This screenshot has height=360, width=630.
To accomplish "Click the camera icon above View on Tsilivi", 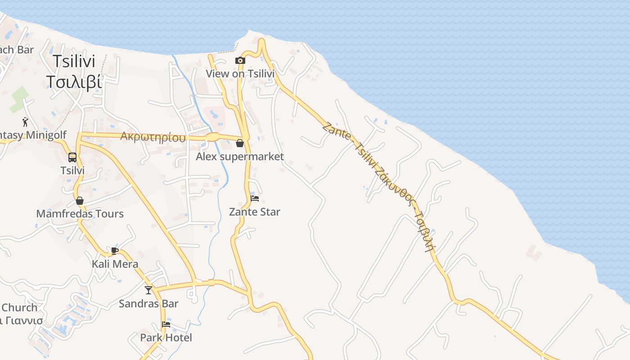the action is tap(240, 61).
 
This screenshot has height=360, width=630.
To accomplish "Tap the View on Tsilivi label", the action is tap(240, 73).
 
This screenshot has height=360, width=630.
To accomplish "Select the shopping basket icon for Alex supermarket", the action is tap(240, 144).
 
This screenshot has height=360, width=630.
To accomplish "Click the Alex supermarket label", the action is tap(240, 157).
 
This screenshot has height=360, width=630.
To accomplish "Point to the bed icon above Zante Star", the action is tap(255, 198).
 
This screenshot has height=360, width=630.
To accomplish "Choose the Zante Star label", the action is tap(255, 211).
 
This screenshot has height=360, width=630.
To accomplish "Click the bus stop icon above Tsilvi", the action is tap(72, 157).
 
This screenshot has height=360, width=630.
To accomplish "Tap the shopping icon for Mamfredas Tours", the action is tap(80, 201).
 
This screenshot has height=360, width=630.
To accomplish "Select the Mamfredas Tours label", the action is tap(80, 214).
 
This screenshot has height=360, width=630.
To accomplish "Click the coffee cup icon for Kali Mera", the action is tap(115, 251).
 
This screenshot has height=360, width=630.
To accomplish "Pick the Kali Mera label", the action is tap(115, 264).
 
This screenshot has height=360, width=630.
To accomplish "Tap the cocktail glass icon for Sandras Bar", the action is tap(148, 290).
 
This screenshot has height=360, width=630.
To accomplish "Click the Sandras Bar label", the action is tap(148, 304).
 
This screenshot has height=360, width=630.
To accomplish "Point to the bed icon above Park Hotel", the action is tap(166, 324).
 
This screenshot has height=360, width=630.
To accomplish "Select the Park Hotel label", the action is tap(166, 337).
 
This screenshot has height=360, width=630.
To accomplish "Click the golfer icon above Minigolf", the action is tap(25, 122).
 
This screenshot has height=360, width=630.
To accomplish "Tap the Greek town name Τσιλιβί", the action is tap(74, 82).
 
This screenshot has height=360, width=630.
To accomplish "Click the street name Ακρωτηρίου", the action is tap(153, 137).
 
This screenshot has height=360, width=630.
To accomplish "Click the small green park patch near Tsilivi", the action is tap(19, 99).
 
